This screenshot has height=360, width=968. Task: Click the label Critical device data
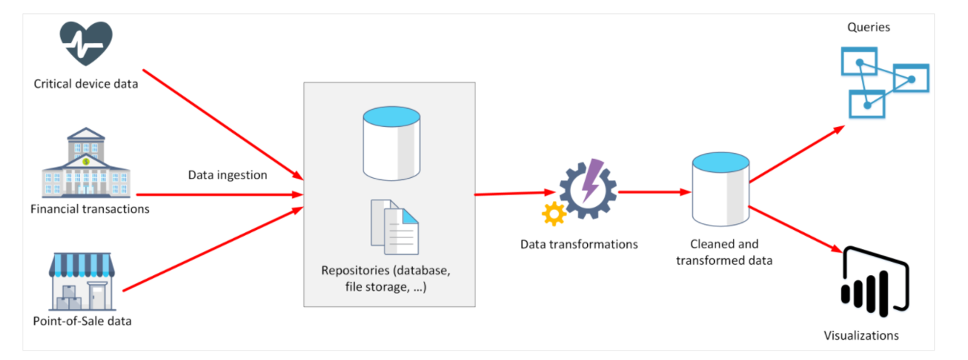pos(86,83)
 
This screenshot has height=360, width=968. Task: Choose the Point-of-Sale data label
pos(83,320)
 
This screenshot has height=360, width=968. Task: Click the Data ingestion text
pos(228,175)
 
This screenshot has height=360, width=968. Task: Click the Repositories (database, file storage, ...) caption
pos(390,279)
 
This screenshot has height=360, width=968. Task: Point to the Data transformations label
pos(579,244)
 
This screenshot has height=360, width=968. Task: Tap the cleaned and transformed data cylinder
pos(720,189)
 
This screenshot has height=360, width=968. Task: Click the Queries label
pos(869,28)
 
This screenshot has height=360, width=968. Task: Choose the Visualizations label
pos(861,335)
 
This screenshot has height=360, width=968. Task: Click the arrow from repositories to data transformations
pos(512,194)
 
